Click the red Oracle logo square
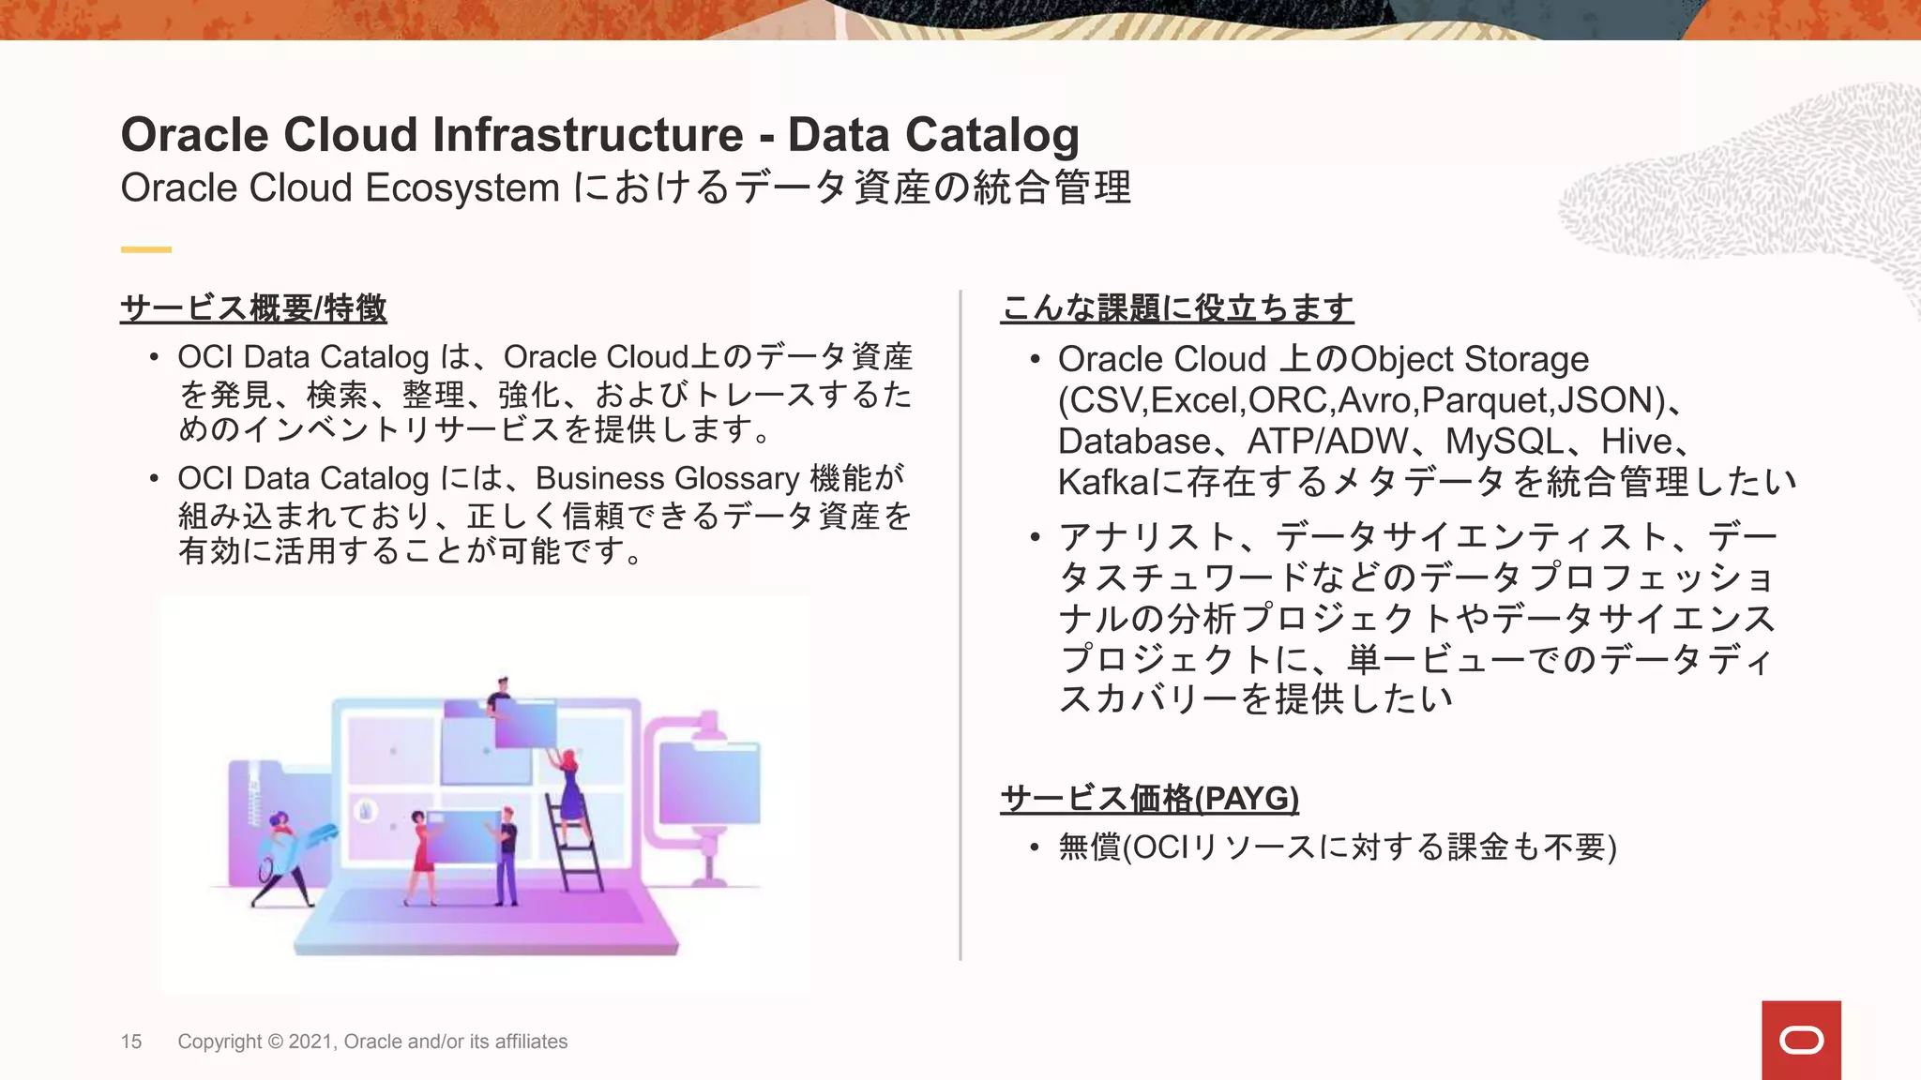[x=1800, y=1040]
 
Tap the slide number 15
[x=131, y=1042]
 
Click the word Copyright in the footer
[x=219, y=1042]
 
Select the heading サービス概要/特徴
[x=253, y=307]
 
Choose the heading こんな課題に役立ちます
[x=1176, y=307]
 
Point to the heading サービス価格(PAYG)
[x=1149, y=799]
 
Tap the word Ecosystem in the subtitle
[x=462, y=187]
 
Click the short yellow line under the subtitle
[x=145, y=249]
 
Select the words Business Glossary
[x=667, y=479]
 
